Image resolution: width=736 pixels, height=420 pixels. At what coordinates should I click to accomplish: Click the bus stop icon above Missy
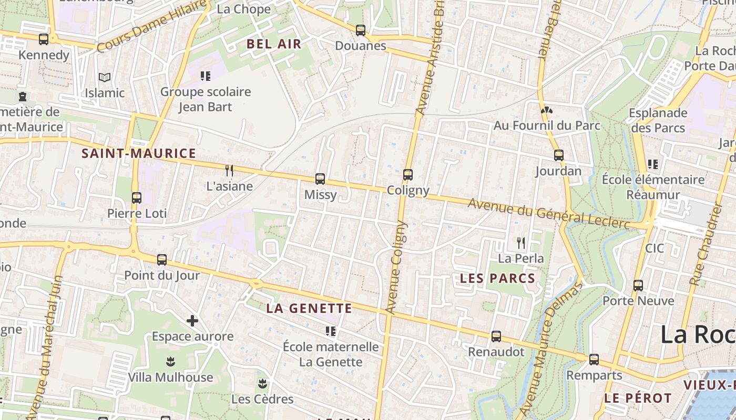pos(320,179)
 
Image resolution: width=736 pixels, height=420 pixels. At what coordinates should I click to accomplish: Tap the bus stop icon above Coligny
pos(408,175)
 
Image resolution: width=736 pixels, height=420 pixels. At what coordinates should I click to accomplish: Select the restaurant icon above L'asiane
pos(229,171)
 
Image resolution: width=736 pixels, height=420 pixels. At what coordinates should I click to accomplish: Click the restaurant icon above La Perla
pos(520,243)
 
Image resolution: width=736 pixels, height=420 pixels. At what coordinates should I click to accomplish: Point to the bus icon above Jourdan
pos(558,155)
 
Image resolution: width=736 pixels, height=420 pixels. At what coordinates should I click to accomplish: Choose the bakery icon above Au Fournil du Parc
pos(546,110)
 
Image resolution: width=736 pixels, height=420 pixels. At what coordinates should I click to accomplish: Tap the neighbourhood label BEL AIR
pos(274,44)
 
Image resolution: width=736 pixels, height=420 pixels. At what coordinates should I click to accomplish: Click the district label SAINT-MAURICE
pos(139,154)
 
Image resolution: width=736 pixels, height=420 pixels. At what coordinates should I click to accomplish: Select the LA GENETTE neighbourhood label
pos(309,308)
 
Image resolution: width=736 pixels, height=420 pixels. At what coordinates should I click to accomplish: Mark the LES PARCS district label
pos(497,279)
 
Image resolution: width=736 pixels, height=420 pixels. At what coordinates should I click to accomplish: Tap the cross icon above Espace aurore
pos(192,320)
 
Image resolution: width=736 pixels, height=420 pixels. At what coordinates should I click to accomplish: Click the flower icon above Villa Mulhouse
pos(170,362)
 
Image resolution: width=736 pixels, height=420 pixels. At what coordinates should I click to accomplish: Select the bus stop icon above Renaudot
pos(496,337)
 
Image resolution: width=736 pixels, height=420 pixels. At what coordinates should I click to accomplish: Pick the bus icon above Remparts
pos(594,360)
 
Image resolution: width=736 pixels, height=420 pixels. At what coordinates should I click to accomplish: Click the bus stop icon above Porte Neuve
pos(638,286)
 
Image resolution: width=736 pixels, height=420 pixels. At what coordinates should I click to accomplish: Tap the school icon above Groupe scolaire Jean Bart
pos(206,76)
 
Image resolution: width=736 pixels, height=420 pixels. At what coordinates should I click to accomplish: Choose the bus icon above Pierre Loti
pos(137,198)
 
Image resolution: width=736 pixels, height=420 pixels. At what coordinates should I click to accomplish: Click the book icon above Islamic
pos(105,78)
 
